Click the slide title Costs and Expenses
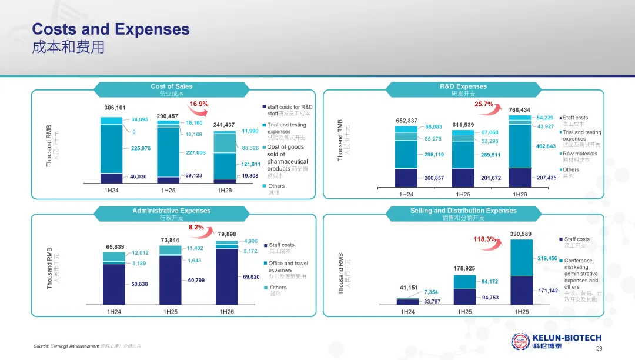[x=111, y=29]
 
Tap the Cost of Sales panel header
[x=171, y=89]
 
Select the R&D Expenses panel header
[x=463, y=89]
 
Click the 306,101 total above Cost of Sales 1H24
[x=115, y=108]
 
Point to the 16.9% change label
[x=199, y=104]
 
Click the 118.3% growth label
[x=484, y=239]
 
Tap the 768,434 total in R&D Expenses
[x=520, y=110]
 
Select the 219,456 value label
[x=547, y=258]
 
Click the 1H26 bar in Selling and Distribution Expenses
[x=522, y=272]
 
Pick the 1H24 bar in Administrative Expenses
[x=114, y=279]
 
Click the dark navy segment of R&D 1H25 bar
[x=463, y=178]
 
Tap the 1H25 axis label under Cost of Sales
[x=168, y=191]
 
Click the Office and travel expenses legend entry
[x=286, y=269]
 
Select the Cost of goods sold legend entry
[x=285, y=161]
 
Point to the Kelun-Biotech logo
[x=556, y=341]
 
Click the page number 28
[x=599, y=349]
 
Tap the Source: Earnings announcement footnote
[x=87, y=346]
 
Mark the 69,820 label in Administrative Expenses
[x=251, y=277]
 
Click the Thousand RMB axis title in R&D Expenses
[x=340, y=140]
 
